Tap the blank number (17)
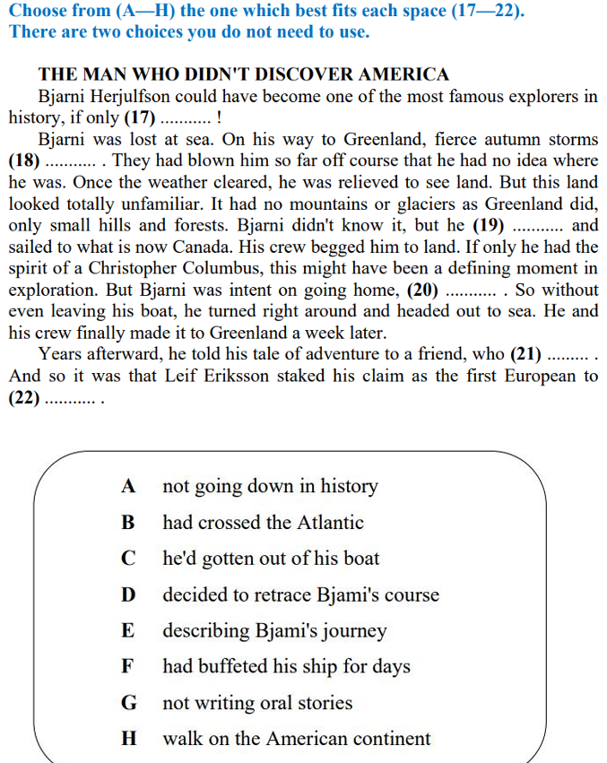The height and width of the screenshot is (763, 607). (x=141, y=117)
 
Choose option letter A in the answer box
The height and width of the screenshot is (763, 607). (x=129, y=487)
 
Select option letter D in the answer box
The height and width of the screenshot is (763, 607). (x=129, y=595)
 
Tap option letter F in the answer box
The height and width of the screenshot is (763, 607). (x=128, y=667)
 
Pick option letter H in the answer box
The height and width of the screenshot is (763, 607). (x=129, y=740)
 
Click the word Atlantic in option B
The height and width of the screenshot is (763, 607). (x=329, y=523)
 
